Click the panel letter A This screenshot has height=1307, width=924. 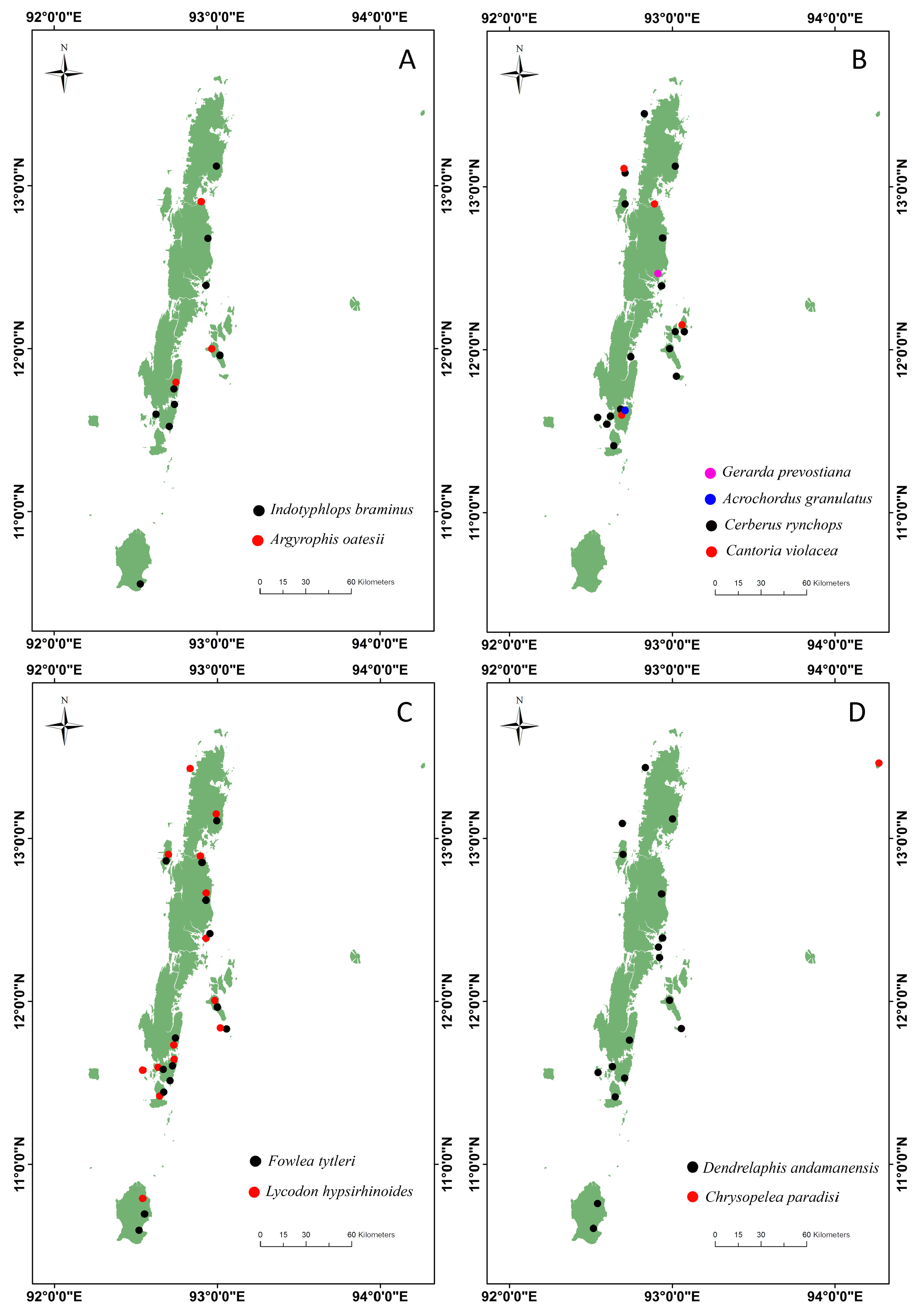pyautogui.click(x=407, y=60)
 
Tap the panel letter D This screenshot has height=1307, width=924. pyautogui.click(x=857, y=712)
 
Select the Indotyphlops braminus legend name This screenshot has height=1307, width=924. pyautogui.click(x=342, y=509)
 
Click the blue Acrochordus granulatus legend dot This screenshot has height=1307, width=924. pyautogui.click(x=710, y=499)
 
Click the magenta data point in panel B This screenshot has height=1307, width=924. pyautogui.click(x=658, y=273)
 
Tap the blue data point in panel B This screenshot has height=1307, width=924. pyautogui.click(x=625, y=410)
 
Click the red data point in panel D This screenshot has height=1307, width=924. pyautogui.click(x=879, y=763)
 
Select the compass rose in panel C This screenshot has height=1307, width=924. pyautogui.click(x=64, y=726)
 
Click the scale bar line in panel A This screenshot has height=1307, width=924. pyautogui.click(x=306, y=593)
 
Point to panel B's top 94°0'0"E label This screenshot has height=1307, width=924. pyautogui.click(x=835, y=18)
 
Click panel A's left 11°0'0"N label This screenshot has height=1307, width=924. pyautogui.click(x=19, y=511)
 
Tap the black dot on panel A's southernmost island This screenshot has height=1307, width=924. pyautogui.click(x=140, y=584)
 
